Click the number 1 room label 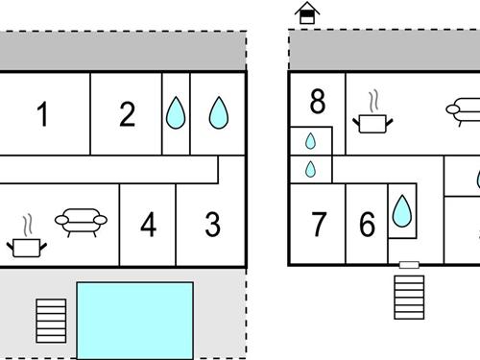[x=42, y=114]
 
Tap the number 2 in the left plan [x=128, y=114]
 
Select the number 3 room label [x=212, y=225]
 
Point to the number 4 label [x=148, y=226]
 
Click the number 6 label [x=367, y=226]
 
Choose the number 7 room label [x=320, y=226]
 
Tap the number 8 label [x=318, y=100]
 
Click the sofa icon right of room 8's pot [x=463, y=108]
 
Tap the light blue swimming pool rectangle [x=134, y=320]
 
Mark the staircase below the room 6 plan [x=409, y=298]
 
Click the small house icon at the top [x=307, y=13]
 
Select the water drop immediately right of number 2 [x=175, y=113]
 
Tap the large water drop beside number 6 [x=401, y=211]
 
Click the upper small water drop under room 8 [x=310, y=141]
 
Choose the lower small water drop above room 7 [x=310, y=170]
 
